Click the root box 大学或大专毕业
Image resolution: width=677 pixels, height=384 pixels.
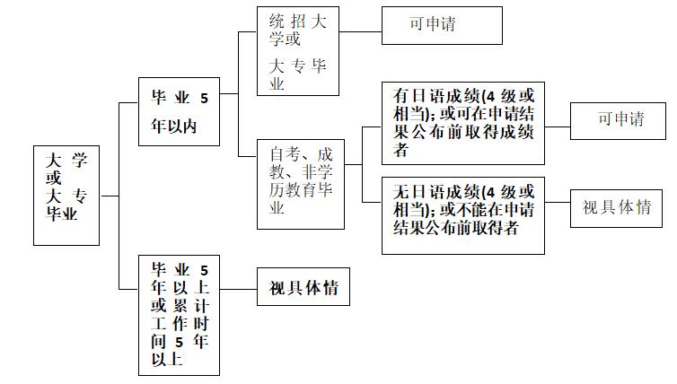67,195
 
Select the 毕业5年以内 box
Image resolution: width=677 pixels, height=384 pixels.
179,111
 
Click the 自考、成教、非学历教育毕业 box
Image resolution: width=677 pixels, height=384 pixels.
301,184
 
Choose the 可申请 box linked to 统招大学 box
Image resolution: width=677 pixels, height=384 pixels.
442,24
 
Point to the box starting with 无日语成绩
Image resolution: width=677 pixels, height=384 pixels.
463,215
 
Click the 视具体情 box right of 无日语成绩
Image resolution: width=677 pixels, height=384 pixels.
617,208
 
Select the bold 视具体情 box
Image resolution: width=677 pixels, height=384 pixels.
303,288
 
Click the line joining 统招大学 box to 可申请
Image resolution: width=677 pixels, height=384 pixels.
361,31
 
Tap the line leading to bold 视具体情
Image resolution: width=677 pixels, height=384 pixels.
238,288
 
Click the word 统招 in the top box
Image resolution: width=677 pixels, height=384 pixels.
289,21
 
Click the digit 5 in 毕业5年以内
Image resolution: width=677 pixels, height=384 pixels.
204,99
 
